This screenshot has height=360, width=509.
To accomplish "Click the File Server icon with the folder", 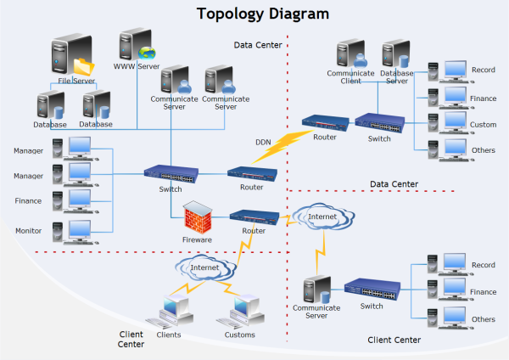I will pyautogui.click(x=70, y=57).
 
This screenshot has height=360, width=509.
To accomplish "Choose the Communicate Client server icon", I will pyautogui.click(x=350, y=53).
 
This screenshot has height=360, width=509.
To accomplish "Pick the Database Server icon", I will pyautogui.click(x=396, y=53).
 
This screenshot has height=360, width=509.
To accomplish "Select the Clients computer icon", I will pyautogui.click(x=170, y=311).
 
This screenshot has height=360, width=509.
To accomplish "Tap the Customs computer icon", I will pyautogui.click(x=239, y=311).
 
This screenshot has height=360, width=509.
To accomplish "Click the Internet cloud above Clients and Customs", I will pyautogui.click(x=203, y=270).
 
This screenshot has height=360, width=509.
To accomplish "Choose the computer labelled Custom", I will pyautogui.click(x=446, y=124).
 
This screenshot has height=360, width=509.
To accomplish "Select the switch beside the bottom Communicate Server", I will pyautogui.click(x=372, y=289).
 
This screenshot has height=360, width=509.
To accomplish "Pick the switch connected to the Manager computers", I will pyautogui.click(x=170, y=173).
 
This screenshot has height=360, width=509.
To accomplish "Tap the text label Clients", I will pyautogui.click(x=170, y=335).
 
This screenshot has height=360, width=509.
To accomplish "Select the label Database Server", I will pyautogui.click(x=396, y=76).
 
